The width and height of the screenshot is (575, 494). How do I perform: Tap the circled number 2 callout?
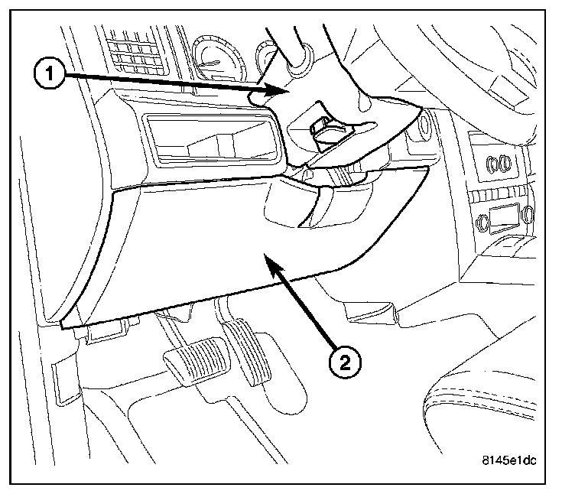[346, 360]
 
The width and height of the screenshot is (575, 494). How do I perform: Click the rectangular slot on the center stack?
[498, 215]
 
